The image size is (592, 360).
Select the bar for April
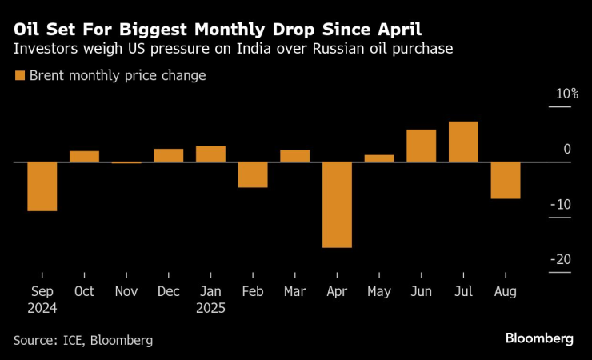[337, 205]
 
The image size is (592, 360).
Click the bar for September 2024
[42, 186]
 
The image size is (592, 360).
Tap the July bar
[463, 142]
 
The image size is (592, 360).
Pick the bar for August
[506, 180]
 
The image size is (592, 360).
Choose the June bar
[422, 146]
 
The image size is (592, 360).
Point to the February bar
[253, 174]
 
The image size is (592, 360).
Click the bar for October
[84, 156]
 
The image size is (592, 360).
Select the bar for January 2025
[210, 154]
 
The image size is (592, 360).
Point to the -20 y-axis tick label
[560, 259]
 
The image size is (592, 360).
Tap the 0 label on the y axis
[566, 150]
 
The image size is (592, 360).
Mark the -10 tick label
[560, 205]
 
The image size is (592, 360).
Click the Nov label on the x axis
[126, 292]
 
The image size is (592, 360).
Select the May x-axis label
[379, 292]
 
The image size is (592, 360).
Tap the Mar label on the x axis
[295, 292]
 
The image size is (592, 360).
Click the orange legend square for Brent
[19, 76]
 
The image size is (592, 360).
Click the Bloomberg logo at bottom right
[539, 338]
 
